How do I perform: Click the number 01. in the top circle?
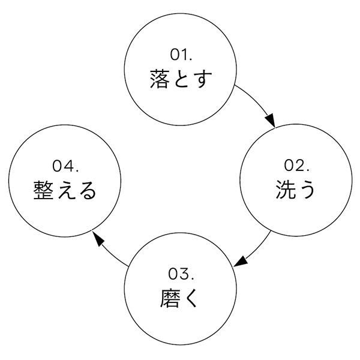click(x=181, y=55)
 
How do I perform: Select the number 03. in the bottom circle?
click(x=181, y=275)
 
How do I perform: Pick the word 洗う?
click(x=296, y=190)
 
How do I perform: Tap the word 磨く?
click(x=180, y=299)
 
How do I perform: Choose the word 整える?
click(x=65, y=190)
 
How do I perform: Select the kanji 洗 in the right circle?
click(x=285, y=190)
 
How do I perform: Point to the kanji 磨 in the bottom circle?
click(x=170, y=299)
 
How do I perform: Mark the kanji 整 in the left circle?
click(x=44, y=190)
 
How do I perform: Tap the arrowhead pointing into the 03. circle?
click(x=240, y=262)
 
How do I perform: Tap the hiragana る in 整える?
click(x=87, y=190)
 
